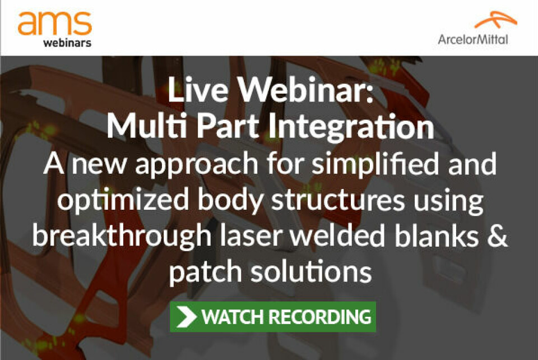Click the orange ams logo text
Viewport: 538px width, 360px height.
coord(55,23)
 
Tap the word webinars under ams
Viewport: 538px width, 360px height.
coord(67,43)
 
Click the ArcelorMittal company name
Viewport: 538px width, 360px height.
coord(473,39)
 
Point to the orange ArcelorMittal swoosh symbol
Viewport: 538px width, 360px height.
coord(495,20)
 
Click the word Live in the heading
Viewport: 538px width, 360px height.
coord(198,89)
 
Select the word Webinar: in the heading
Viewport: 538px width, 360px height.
coord(306,89)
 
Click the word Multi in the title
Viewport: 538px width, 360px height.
coord(147,126)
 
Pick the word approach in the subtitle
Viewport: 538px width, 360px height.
coord(197,165)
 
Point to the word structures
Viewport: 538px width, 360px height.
coord(338,201)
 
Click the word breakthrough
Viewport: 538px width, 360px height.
coord(122,236)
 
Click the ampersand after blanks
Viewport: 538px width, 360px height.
coord(497,236)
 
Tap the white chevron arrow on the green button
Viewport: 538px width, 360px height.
coord(186,316)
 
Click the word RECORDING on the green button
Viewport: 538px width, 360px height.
coord(320,317)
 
